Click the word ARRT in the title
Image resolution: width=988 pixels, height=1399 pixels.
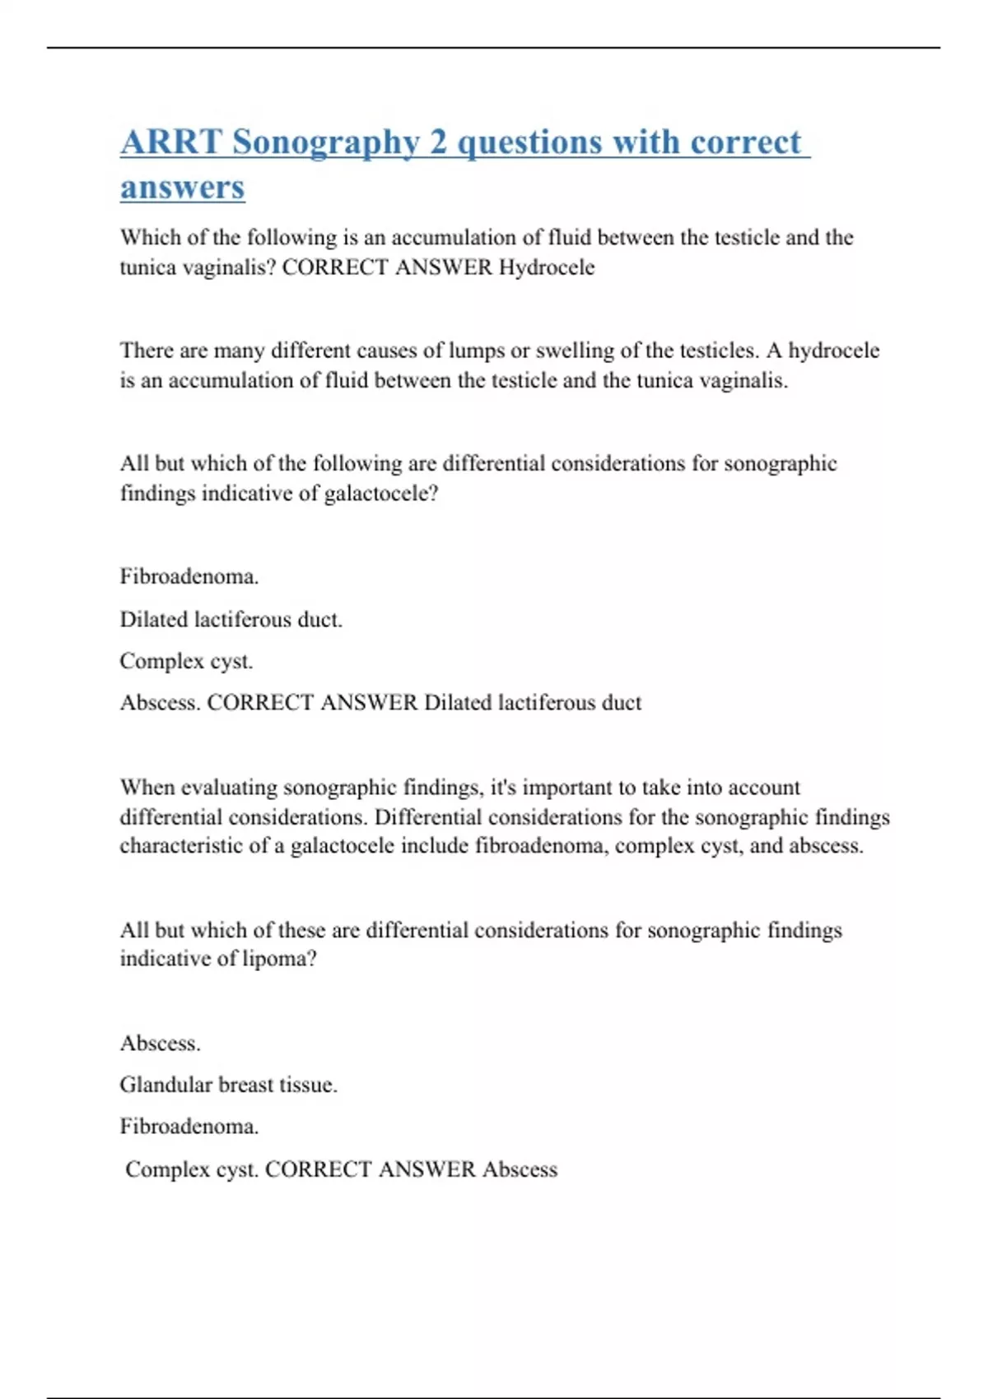(x=170, y=142)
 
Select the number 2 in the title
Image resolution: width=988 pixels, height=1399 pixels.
(x=438, y=142)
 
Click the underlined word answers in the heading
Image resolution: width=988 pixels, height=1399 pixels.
(x=182, y=187)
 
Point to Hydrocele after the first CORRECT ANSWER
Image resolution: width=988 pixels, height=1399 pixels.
(x=547, y=267)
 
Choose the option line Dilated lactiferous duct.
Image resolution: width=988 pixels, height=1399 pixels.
(x=231, y=619)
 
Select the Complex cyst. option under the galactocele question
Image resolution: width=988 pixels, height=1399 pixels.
(x=186, y=661)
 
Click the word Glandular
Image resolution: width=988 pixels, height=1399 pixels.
(x=165, y=1085)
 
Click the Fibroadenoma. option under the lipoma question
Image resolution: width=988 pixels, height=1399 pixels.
(x=189, y=1126)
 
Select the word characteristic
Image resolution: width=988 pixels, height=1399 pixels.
(x=182, y=846)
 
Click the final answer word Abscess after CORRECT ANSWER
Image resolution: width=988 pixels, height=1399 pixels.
(x=520, y=1169)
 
